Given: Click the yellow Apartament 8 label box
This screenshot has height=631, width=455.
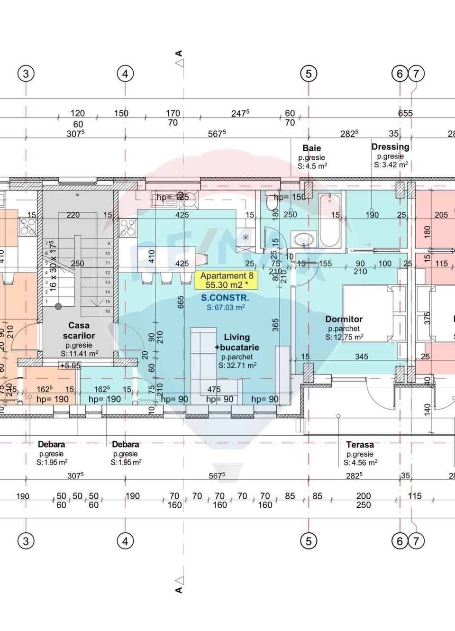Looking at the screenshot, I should pos(227,280).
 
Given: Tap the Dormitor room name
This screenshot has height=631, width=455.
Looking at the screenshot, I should pos(344,319).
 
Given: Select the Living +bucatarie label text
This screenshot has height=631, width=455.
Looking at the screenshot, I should pos(237,342).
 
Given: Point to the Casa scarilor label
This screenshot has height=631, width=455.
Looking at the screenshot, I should pos(79,330).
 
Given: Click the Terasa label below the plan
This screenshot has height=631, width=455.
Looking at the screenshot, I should pos(360,445).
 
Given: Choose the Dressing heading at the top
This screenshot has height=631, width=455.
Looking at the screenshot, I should pos(390,146).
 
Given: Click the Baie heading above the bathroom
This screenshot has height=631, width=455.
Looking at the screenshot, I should pos(311,148).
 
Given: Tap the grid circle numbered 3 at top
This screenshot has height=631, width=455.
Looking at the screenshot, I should pos(26,73).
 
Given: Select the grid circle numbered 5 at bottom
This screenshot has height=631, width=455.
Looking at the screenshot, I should pos(309,541).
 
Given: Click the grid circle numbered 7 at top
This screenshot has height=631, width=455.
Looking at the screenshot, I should pos(416,73).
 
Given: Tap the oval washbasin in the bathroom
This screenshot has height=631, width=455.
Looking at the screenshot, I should pos(303,238).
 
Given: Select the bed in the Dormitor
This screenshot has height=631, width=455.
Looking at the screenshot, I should pos(368,313).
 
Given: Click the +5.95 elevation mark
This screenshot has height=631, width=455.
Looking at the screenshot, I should pos(70,366).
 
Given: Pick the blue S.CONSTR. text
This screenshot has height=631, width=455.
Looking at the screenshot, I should pos(225,298).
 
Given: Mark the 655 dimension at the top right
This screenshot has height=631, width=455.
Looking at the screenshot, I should pos(405,113).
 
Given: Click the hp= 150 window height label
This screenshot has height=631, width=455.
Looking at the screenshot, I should pos(290,197).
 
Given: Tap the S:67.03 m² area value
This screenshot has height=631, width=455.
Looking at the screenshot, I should pos(226,308).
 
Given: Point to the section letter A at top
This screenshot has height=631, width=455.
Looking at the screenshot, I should pos(179,54).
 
